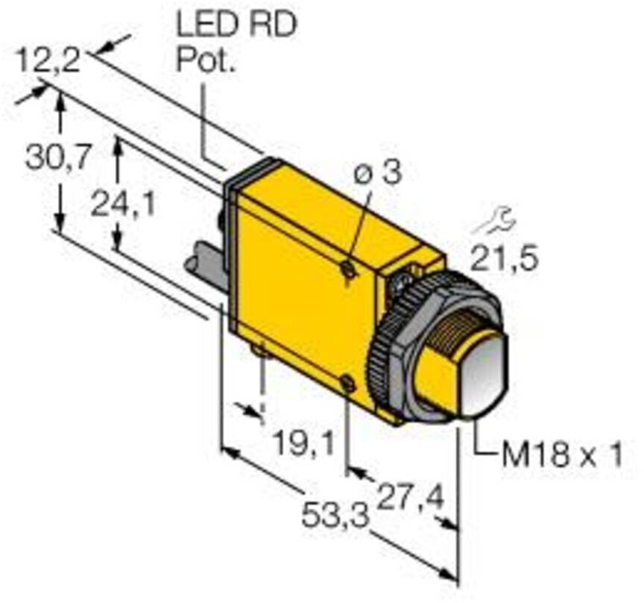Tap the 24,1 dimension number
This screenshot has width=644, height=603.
[x=123, y=204]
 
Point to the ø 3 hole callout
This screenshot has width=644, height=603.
[x=377, y=172]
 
